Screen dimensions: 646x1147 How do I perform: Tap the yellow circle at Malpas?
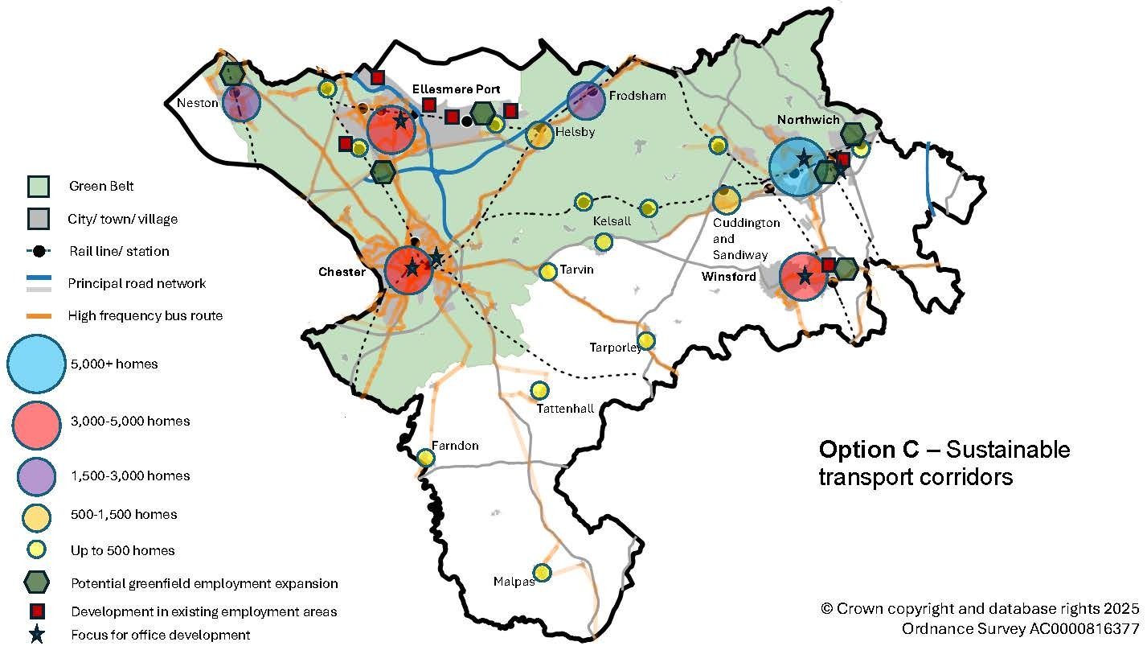[x=543, y=572]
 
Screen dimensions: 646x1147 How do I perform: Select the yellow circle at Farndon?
[x=426, y=458]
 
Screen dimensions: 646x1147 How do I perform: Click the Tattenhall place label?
[x=565, y=409]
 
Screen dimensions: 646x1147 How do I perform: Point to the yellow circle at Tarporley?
[x=645, y=340]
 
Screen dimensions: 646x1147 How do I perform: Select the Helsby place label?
[x=575, y=132]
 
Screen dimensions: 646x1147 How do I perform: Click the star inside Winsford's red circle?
[x=805, y=277]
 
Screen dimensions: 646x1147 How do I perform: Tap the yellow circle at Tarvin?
[x=548, y=272]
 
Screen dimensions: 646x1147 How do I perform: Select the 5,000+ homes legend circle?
[x=36, y=364]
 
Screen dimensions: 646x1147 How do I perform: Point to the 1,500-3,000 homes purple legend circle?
[x=36, y=475]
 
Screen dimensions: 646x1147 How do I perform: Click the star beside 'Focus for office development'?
[x=36, y=635]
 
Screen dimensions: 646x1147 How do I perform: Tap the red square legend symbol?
[x=36, y=611]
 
